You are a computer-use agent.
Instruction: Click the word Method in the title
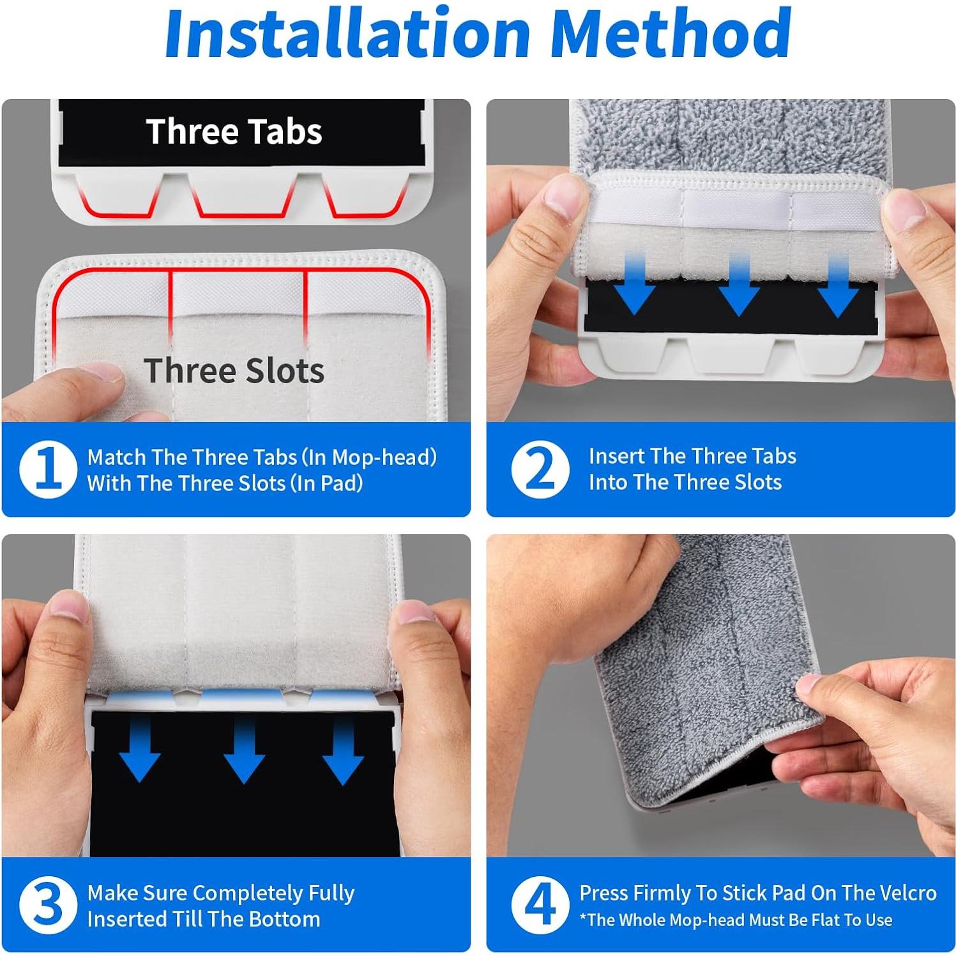coord(671,33)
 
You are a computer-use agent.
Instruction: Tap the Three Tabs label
coord(234,132)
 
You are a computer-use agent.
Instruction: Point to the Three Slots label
coord(234,370)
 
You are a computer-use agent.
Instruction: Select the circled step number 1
coord(49,470)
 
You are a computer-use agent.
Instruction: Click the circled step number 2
coord(540,469)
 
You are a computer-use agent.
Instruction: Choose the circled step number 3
coord(49,905)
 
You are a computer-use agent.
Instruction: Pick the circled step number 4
coord(540,905)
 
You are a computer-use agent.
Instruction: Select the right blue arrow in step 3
coord(343,750)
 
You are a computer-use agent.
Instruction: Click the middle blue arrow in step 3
coord(244,750)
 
